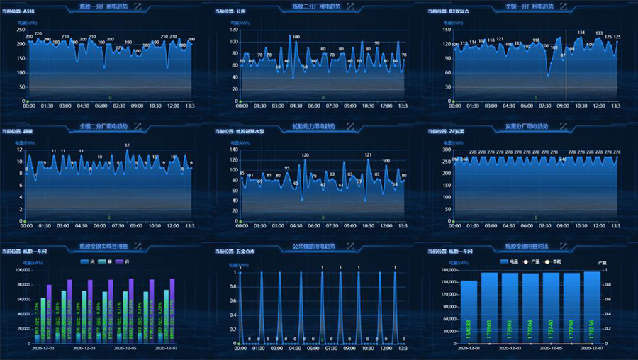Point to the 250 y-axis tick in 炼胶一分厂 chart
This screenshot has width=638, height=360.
point(21,30)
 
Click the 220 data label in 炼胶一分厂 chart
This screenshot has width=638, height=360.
point(38,33)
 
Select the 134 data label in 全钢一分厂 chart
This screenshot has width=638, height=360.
point(581,32)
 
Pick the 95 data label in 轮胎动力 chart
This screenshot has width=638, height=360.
point(286,168)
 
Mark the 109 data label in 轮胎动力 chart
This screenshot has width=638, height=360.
point(386,161)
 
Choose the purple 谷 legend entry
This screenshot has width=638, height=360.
point(120,261)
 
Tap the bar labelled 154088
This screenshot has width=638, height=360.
point(469,312)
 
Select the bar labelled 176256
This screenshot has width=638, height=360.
point(593,308)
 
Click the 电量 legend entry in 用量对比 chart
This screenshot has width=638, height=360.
point(509,261)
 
